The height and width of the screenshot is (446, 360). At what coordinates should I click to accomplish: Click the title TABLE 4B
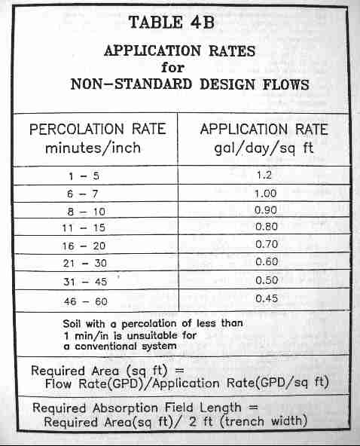coord(172,22)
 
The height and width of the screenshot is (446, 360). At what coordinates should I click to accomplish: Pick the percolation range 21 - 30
coord(85,264)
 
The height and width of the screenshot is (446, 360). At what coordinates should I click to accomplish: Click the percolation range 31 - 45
coord(85,282)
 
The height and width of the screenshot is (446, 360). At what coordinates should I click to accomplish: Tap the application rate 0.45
coord(267,298)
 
